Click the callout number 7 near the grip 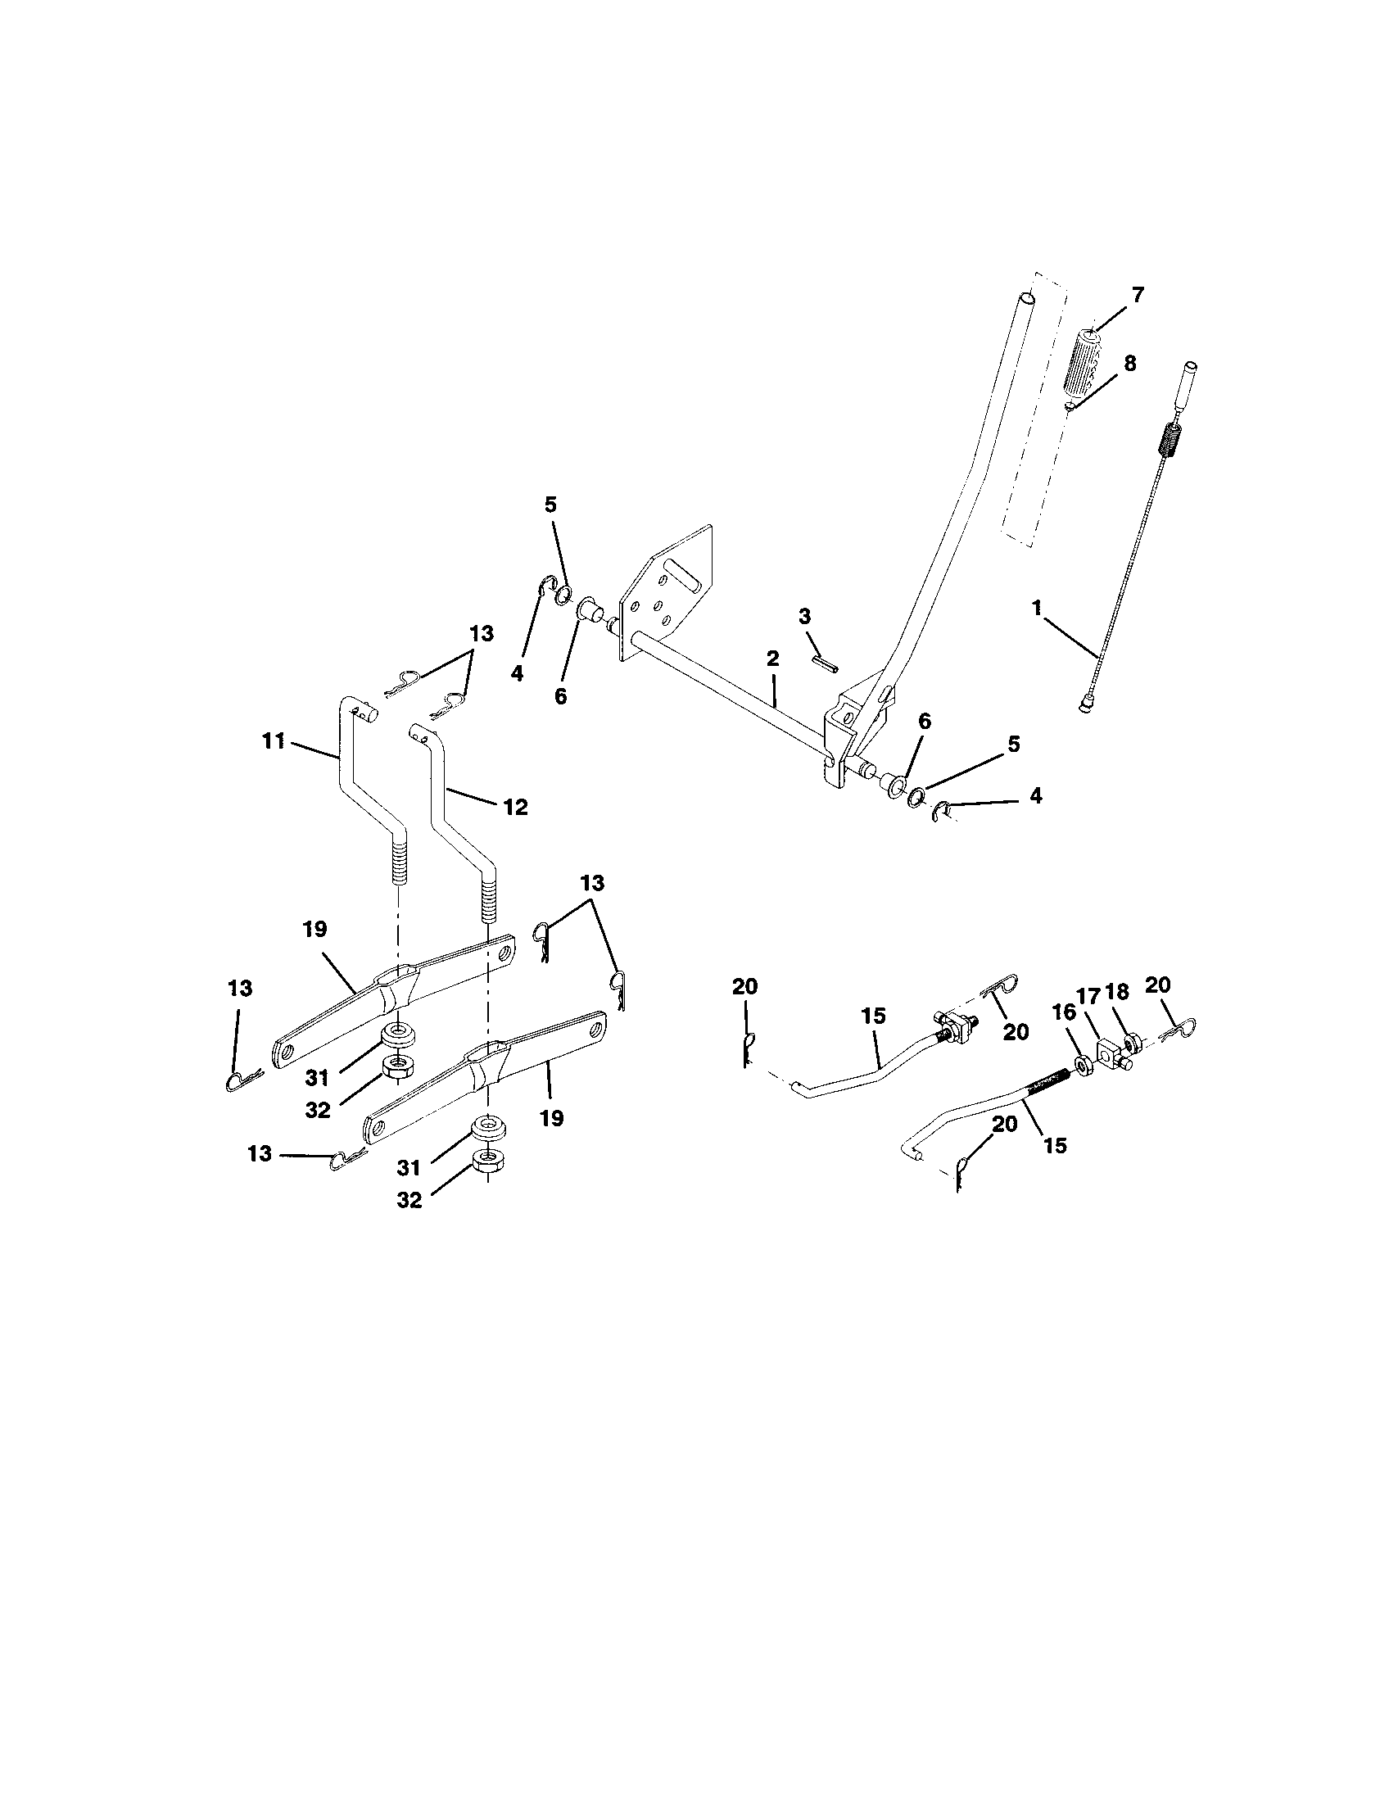click(x=1138, y=296)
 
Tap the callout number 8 click(x=1129, y=363)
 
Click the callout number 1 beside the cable click(x=1037, y=608)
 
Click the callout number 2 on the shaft click(x=772, y=659)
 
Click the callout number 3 click(x=805, y=616)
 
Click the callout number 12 click(x=515, y=806)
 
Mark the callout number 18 click(x=1118, y=993)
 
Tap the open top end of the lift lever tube click(x=1026, y=297)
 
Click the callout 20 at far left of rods click(x=744, y=987)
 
